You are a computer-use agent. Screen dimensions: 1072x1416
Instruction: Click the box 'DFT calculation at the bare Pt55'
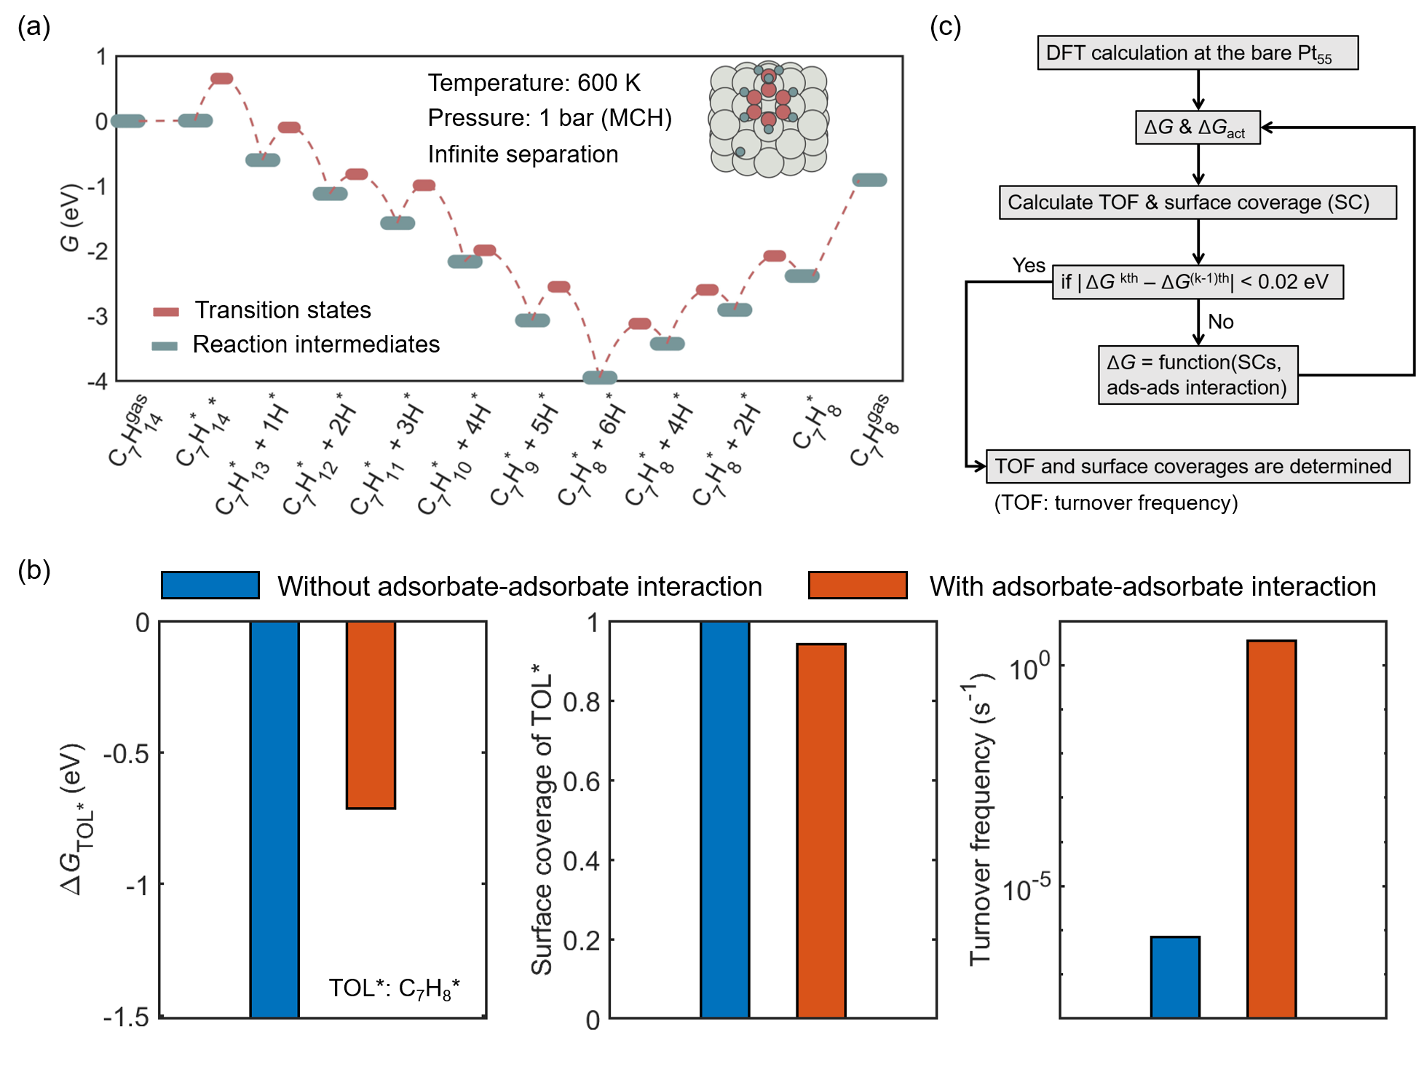point(1197,53)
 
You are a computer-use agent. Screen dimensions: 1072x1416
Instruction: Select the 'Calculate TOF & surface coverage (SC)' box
point(1197,202)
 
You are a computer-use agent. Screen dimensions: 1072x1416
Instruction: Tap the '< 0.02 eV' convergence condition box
point(1197,282)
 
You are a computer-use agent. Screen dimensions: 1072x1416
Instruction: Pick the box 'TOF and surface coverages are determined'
point(1197,466)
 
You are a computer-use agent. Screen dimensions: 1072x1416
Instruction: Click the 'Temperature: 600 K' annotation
point(534,83)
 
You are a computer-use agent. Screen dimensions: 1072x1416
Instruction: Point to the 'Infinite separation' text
point(523,154)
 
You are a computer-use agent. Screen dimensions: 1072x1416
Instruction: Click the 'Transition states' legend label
point(282,310)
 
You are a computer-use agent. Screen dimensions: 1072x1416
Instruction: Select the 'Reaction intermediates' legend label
point(316,344)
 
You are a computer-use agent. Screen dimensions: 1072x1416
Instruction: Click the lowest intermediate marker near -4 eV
point(600,377)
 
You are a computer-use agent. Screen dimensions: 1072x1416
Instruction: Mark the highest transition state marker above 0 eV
point(221,79)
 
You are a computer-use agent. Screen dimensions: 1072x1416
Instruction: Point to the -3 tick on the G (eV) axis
point(98,317)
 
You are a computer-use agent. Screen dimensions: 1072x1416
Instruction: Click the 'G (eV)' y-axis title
point(70,218)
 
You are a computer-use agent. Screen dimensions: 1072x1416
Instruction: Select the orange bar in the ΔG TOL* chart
point(371,714)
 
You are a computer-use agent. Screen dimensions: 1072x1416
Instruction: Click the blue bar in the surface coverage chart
point(724,819)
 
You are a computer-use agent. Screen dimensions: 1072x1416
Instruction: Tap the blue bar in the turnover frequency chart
point(1175,977)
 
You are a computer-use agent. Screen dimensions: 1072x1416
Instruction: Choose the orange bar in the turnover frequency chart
point(1271,829)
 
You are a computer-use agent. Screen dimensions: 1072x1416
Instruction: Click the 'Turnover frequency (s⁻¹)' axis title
point(981,819)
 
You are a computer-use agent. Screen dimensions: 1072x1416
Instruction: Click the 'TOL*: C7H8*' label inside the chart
point(394,988)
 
